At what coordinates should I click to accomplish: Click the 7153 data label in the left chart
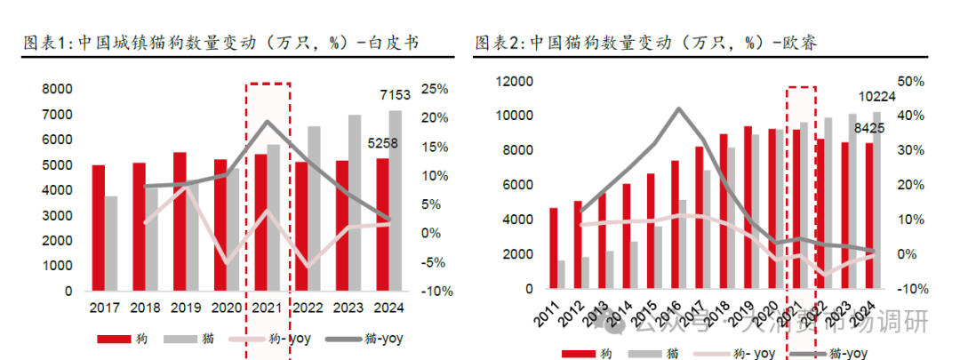point(396,96)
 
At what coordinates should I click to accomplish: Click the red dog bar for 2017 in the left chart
point(98,228)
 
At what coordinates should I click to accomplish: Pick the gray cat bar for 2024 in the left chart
point(396,200)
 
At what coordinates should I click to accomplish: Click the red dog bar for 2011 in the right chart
point(554,248)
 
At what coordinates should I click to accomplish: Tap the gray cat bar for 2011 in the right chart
point(562,275)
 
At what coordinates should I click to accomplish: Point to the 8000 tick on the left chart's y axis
point(56,89)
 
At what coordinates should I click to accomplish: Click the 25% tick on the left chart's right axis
point(435,89)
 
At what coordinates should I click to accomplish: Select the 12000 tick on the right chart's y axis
point(512,82)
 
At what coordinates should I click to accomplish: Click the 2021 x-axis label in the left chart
point(268,308)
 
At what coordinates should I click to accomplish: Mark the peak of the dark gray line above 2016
point(679,108)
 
